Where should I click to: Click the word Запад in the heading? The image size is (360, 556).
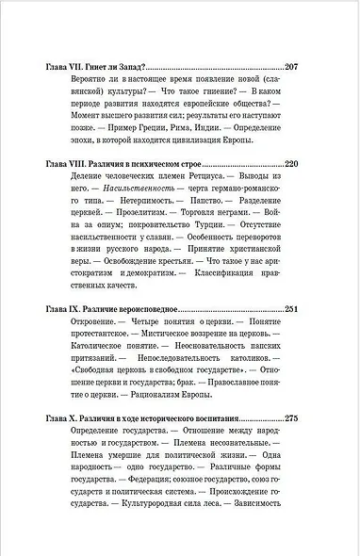(x=131, y=68)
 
